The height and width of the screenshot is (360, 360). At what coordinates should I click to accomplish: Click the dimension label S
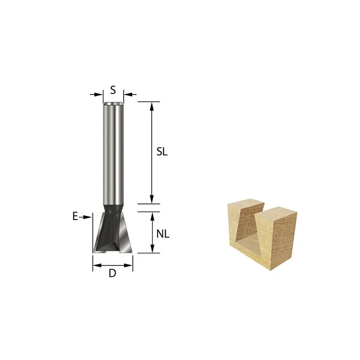(x=113, y=90)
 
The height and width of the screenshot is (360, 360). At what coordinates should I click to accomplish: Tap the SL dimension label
(x=162, y=152)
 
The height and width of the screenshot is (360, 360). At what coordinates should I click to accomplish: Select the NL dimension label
(x=163, y=234)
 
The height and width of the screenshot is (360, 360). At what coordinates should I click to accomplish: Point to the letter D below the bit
(x=112, y=273)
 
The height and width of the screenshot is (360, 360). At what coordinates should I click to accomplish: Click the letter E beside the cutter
(x=75, y=216)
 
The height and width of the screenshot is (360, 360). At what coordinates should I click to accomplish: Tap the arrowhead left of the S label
(x=99, y=94)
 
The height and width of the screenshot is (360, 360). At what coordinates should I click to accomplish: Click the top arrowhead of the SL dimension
(x=152, y=106)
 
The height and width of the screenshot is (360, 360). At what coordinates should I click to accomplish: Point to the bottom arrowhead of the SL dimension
(x=152, y=199)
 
